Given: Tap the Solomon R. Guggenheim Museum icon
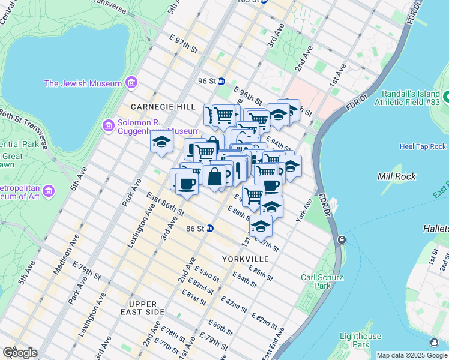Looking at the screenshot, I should pos(109,125).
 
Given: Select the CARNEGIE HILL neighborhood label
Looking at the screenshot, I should pos(164,106).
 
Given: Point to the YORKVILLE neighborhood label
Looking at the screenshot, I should pos(245,259).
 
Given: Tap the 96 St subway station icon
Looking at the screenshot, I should pos(221,81).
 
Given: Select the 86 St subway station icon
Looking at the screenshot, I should pos(210,229).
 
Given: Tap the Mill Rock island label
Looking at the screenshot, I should pos(393,176).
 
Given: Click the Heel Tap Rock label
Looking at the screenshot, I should pos(423,146).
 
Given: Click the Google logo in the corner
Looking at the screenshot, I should pos(20,353).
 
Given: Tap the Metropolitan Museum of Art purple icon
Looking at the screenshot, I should pos(49,191).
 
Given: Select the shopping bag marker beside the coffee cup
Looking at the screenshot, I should pos(215,176).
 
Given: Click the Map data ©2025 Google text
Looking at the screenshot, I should pos(411,355).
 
